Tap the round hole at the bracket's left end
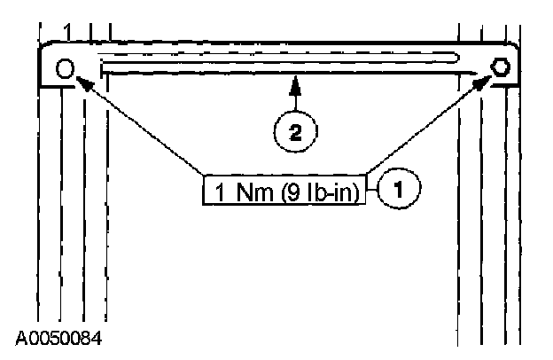65,68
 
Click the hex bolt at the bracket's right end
501,67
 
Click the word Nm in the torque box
252,191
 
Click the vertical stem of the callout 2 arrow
295,101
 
